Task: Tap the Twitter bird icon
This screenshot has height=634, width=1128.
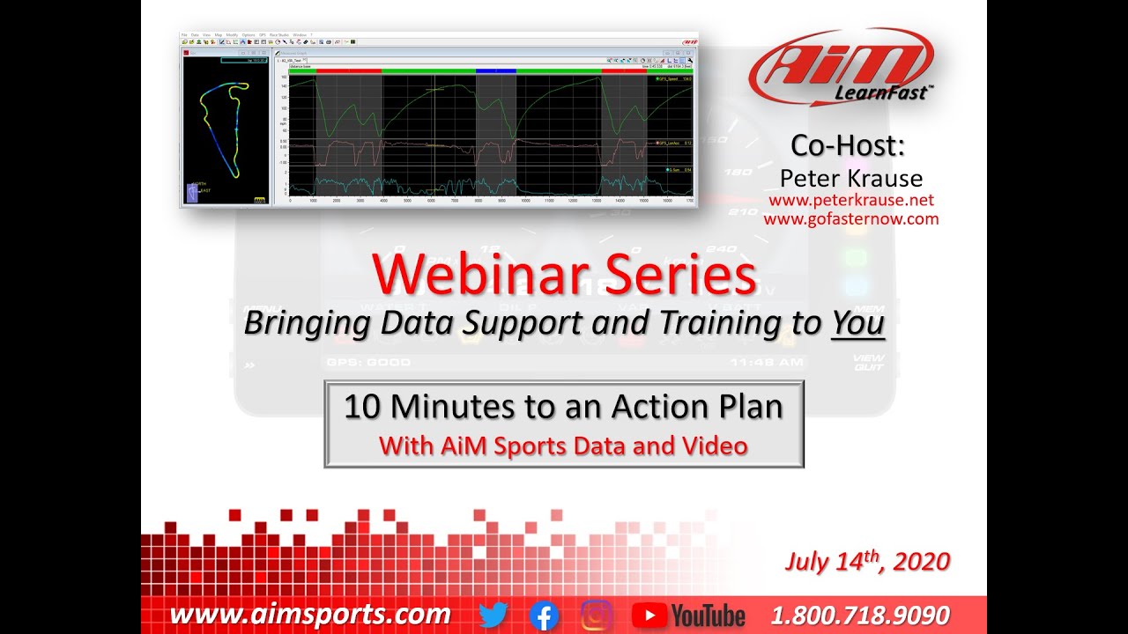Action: click(493, 615)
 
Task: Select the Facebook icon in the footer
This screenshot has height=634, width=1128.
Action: click(544, 616)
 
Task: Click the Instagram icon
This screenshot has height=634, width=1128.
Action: click(597, 616)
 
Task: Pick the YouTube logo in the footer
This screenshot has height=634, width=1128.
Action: click(689, 616)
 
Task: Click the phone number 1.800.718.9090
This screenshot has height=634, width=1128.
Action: click(860, 615)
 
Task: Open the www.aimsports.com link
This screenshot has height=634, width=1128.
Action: click(310, 615)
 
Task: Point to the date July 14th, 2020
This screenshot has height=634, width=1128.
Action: click(867, 562)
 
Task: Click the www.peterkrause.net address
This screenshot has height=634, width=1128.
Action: click(850, 201)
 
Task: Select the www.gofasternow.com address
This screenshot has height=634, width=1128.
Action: click(850, 219)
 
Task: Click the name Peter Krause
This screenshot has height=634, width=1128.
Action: click(850, 179)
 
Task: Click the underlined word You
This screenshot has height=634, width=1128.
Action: click(857, 323)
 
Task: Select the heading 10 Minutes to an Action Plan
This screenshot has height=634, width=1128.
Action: click(563, 407)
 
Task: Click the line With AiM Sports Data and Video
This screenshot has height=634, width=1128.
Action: click(563, 446)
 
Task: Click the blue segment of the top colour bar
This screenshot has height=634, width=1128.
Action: click(495, 70)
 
